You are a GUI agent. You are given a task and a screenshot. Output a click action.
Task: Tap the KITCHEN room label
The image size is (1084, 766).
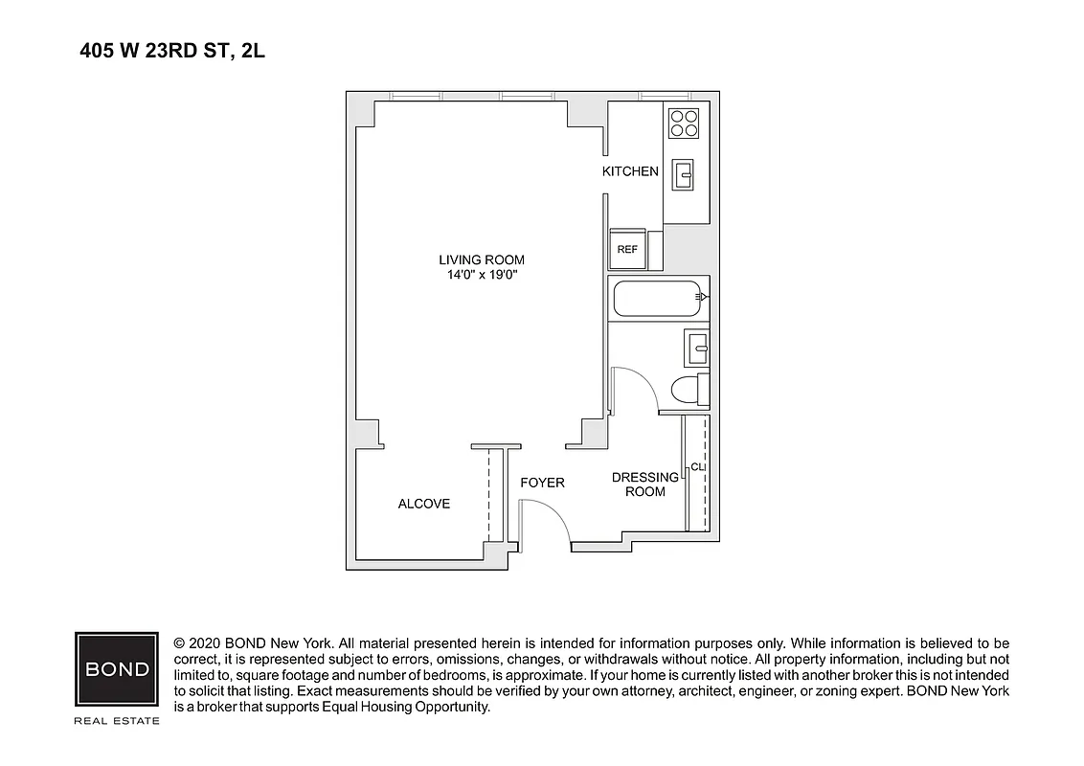[630, 171]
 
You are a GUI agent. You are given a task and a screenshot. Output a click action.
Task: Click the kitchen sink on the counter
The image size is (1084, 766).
[685, 174]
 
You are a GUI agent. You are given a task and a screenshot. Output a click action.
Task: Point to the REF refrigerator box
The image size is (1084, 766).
[627, 250]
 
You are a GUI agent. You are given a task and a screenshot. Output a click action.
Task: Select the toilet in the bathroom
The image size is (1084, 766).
[689, 391]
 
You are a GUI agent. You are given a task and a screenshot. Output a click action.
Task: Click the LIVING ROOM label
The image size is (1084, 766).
[482, 259]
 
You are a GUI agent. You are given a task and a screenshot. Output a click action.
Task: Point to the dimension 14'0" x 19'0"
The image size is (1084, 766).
[482, 276]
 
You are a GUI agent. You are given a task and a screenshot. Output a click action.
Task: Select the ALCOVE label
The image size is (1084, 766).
[423, 504]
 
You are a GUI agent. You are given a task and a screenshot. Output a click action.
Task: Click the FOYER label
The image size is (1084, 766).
[542, 483]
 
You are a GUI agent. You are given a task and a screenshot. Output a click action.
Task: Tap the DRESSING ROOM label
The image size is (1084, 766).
[644, 484]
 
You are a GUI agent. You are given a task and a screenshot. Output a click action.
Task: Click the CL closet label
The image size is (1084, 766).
[698, 467]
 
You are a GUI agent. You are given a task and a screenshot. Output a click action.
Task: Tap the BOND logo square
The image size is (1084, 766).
[117, 668]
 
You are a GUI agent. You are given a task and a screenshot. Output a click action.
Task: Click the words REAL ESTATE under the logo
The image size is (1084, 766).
[117, 720]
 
